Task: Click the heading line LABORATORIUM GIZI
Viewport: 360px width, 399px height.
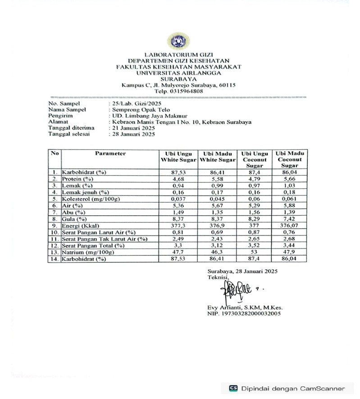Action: [178, 55]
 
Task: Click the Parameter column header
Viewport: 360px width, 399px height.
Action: [110, 154]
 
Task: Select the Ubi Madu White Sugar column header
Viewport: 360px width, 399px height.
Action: [218, 157]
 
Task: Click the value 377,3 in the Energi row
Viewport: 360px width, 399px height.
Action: [179, 226]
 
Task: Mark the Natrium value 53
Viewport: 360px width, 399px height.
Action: [255, 253]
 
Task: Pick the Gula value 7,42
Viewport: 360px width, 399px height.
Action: [290, 219]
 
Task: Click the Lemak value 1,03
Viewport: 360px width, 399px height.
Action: [290, 186]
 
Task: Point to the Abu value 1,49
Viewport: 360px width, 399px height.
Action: [179, 212]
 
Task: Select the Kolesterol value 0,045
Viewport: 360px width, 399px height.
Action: [218, 199]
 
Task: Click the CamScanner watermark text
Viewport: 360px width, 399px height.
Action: [293, 389]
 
